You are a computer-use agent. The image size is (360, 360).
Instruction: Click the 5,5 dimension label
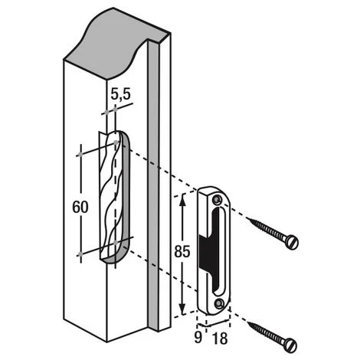point(120,94)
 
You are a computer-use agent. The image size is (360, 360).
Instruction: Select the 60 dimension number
point(80,207)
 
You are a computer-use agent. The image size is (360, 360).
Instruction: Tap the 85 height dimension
point(182,251)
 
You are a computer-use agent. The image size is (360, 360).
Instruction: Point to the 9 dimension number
point(198,337)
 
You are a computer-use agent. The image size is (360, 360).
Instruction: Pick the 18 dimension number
point(220,339)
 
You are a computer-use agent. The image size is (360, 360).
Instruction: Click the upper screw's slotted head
point(292,242)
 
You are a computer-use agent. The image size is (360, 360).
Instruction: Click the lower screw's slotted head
point(291,345)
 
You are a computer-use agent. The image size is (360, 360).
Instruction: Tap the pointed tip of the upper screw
point(247,218)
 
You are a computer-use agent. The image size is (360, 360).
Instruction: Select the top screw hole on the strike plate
point(218,200)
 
